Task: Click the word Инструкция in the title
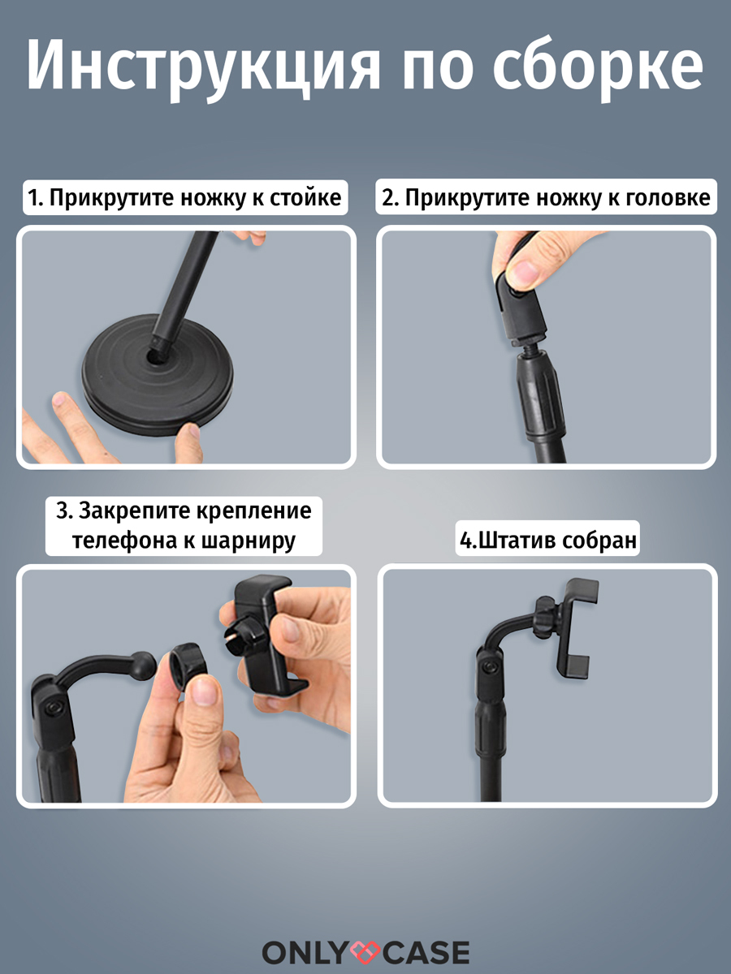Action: pyautogui.click(x=204, y=67)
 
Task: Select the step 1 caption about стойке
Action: pyautogui.click(x=184, y=197)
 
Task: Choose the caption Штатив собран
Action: pyautogui.click(x=547, y=541)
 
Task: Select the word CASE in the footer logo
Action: pyautogui.click(x=425, y=952)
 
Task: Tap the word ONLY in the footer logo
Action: pyautogui.click(x=305, y=952)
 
